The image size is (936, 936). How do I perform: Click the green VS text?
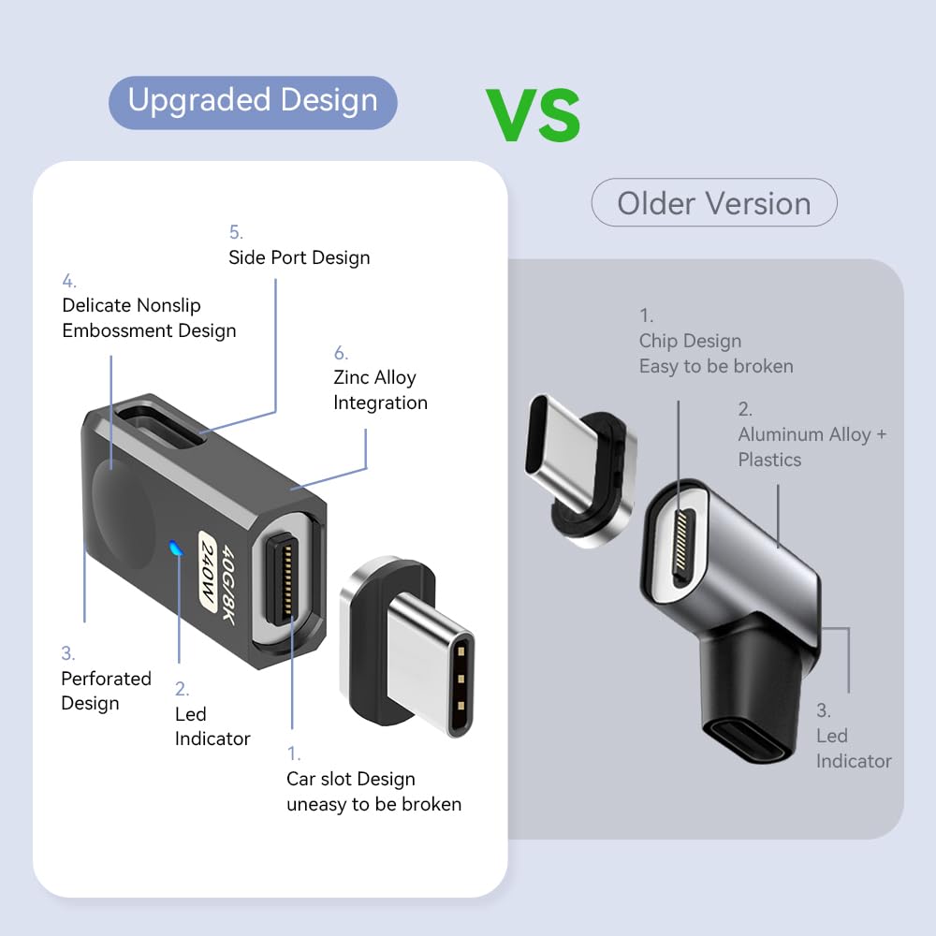click(533, 114)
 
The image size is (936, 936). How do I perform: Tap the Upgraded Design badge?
click(253, 102)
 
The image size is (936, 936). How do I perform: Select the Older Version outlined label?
click(714, 202)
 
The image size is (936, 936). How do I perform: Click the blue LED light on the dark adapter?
click(176, 548)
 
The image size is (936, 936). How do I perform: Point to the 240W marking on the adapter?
click(207, 571)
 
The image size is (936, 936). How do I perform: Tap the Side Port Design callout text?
click(300, 257)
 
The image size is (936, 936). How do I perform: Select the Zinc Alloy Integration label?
click(380, 389)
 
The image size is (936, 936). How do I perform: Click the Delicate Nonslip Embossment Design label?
click(149, 317)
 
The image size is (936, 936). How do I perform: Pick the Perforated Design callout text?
click(106, 691)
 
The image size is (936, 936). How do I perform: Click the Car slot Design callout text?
click(373, 792)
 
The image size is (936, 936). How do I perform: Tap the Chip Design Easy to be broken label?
click(716, 354)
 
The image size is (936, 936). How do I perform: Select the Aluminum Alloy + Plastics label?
click(812, 446)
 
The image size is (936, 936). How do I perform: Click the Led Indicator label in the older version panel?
click(854, 748)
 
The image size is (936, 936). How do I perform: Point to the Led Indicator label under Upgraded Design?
click(212, 726)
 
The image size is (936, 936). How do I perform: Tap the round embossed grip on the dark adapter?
click(123, 515)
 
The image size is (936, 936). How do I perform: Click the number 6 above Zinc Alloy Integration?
click(341, 353)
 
